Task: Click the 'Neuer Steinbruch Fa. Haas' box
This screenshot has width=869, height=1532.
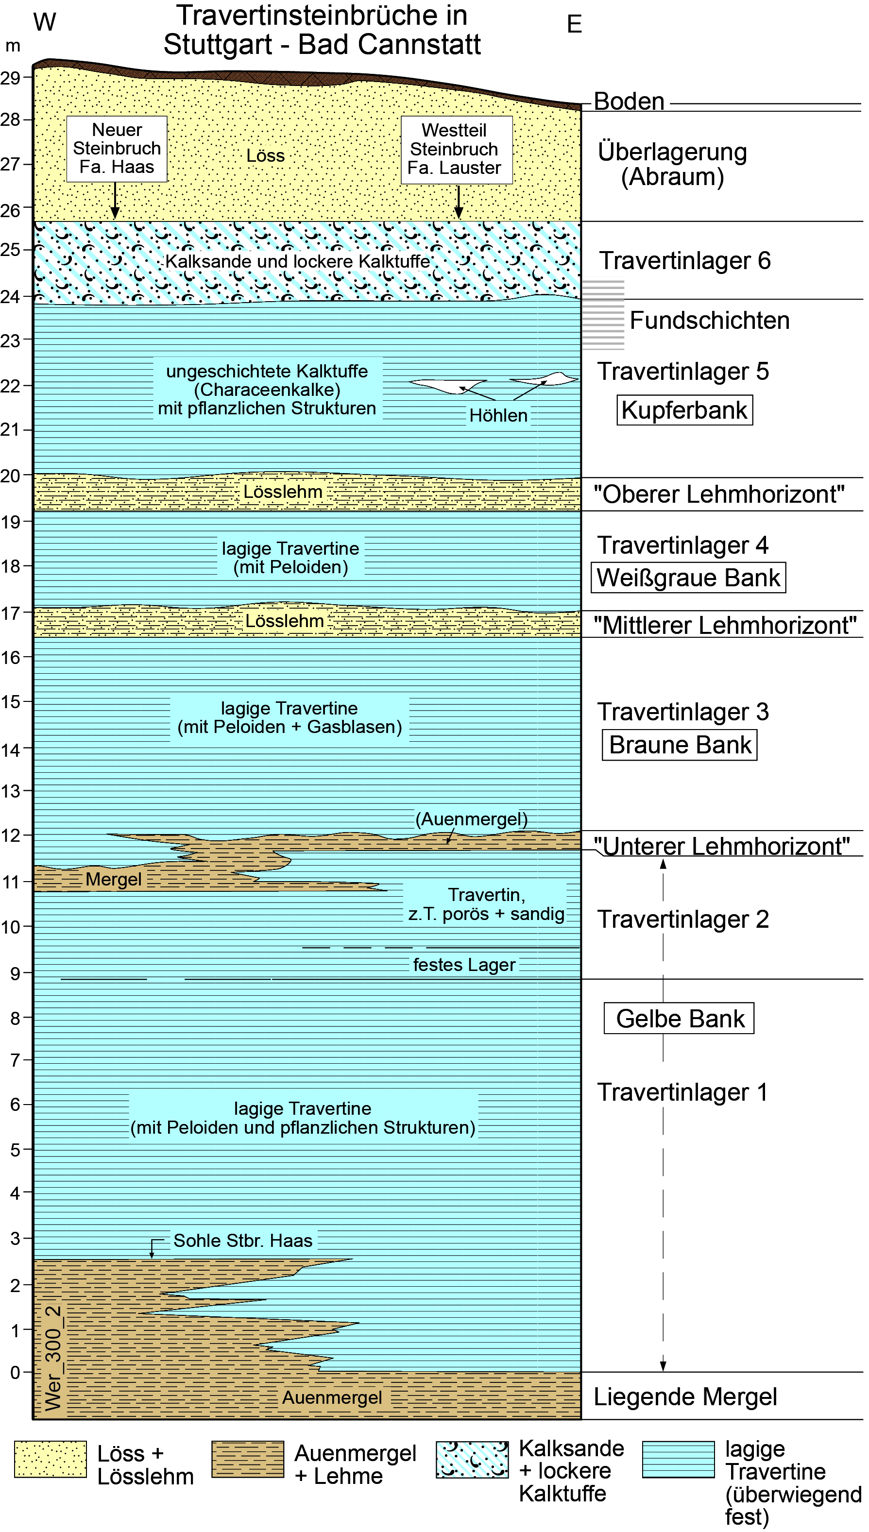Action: point(117,149)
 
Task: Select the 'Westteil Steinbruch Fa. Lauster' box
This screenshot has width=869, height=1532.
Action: point(456,149)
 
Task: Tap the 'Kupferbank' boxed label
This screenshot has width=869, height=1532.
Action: point(684,410)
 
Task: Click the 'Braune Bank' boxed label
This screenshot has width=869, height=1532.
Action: point(679,745)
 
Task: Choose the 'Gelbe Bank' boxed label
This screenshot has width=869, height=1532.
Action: point(679,1018)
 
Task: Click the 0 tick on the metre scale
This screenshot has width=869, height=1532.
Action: point(16,1372)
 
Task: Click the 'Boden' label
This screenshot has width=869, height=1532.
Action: point(629,102)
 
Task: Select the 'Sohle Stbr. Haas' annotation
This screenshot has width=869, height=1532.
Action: point(242,1241)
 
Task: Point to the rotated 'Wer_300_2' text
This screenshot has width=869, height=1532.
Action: point(53,1358)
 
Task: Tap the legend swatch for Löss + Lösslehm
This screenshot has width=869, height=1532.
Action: point(51,1459)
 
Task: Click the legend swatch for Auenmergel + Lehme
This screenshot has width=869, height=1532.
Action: point(248,1459)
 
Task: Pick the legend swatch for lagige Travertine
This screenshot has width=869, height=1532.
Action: point(678,1459)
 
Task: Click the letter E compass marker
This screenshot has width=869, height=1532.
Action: point(574,24)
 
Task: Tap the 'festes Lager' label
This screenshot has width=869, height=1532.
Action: point(464,965)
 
